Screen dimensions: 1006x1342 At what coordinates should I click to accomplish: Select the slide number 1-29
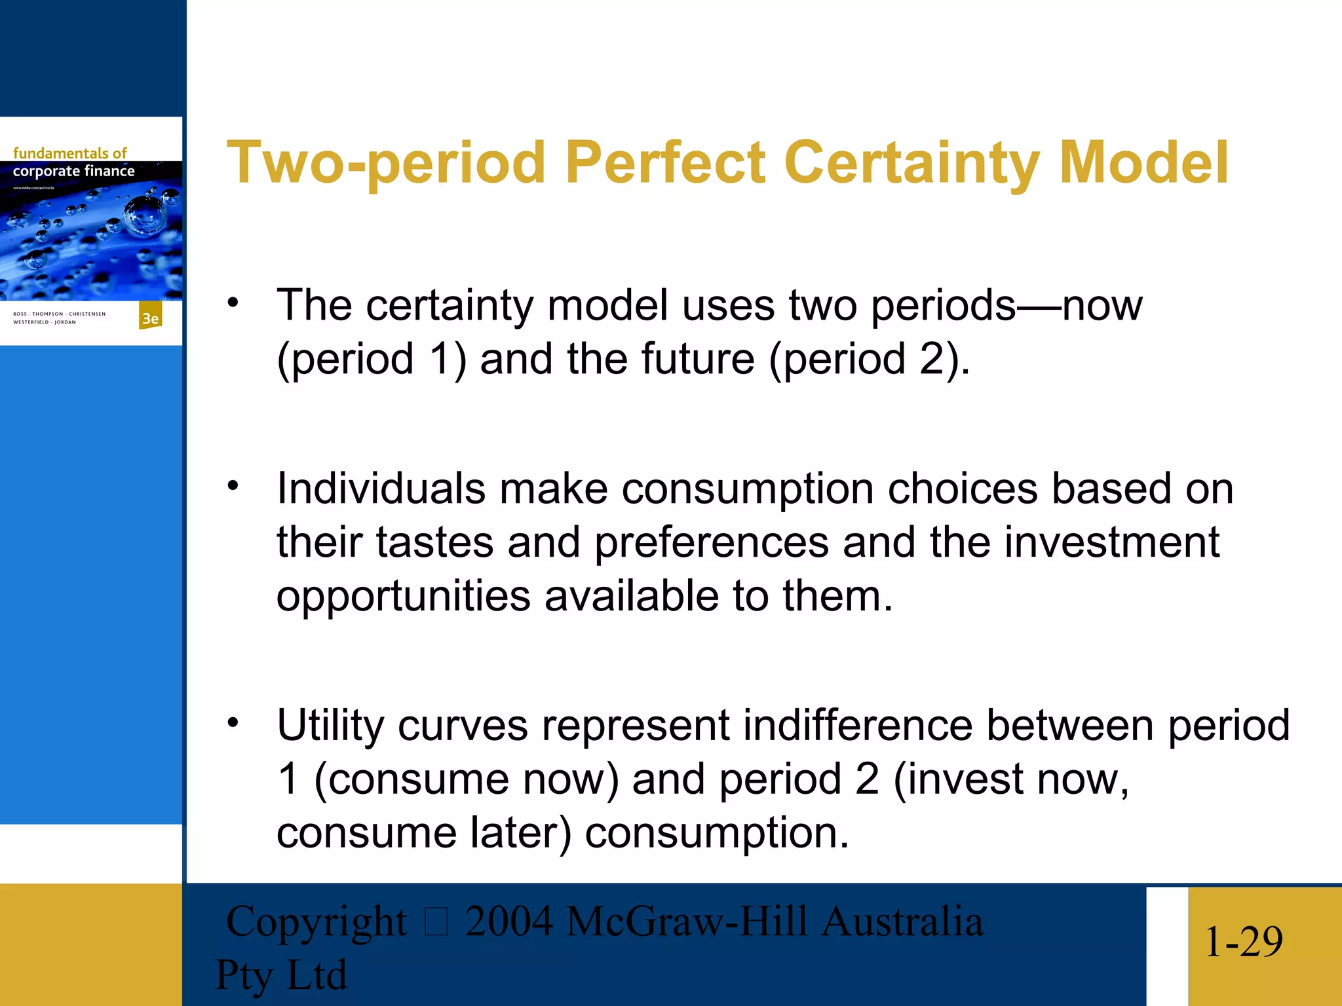(x=1243, y=942)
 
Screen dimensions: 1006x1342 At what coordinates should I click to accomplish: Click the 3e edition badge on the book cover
(x=151, y=318)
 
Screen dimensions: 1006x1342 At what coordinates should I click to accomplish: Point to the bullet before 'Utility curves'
(x=233, y=723)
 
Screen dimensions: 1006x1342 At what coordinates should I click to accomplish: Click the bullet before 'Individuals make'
(x=233, y=486)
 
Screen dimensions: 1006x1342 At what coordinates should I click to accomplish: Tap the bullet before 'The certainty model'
(x=233, y=303)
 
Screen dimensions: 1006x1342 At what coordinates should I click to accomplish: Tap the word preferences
(x=712, y=544)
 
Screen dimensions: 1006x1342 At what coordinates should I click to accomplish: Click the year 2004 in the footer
(x=508, y=921)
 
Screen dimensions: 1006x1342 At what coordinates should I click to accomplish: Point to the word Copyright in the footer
(x=316, y=922)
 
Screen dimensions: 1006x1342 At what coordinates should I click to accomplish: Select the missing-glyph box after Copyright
(x=436, y=922)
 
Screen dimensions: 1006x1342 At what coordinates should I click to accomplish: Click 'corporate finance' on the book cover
(x=73, y=171)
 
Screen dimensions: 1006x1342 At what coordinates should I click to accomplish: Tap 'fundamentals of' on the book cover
(x=69, y=153)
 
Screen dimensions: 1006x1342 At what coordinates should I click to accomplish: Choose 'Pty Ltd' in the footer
(x=280, y=975)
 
